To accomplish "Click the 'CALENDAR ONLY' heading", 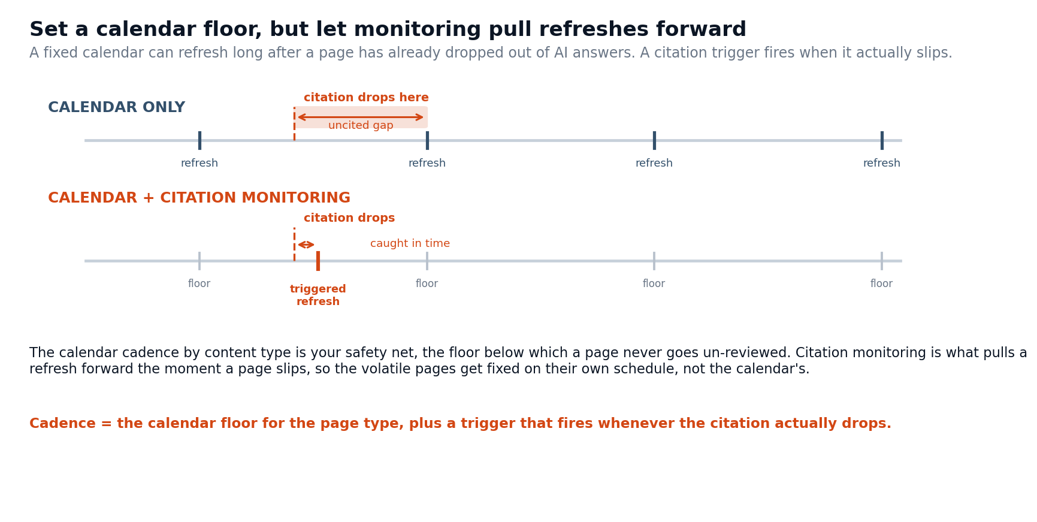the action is pos(116,108).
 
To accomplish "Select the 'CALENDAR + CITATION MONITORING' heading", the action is pos(199,198).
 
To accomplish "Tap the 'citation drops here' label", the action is pos(366,98).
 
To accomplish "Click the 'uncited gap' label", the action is pos(361,126).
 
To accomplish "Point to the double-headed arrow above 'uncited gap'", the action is pos(361,117).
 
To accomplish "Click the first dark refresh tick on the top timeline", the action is pos(199,140).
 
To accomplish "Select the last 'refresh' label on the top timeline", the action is pos(881,164).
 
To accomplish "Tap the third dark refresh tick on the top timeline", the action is pos(654,140).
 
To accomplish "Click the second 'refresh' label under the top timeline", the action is pos(427,164).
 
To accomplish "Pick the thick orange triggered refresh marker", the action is pos(318,261).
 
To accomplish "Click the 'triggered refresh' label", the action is pos(318,295).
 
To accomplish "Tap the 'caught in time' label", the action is pos(410,244).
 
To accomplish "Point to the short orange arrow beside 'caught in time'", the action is pos(306,245).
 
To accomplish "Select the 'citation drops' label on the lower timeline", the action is pos(349,218).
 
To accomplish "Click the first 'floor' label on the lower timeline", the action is pos(199,284).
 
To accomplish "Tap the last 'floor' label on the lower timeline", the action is pos(881,284).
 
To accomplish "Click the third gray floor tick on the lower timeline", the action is pos(654,261).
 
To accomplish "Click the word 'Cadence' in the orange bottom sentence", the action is pos(62,424).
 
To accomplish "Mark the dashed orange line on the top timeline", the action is pos(294,124).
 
